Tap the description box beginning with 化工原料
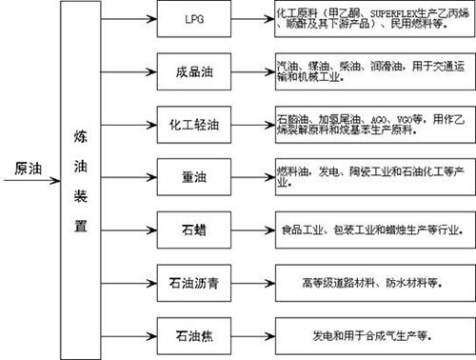pos(367,19)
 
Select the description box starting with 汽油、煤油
pos(367,70)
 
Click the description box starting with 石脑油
pos(367,123)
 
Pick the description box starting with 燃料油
pos(367,175)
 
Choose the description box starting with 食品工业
pos(367,230)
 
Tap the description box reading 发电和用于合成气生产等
pos(367,335)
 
